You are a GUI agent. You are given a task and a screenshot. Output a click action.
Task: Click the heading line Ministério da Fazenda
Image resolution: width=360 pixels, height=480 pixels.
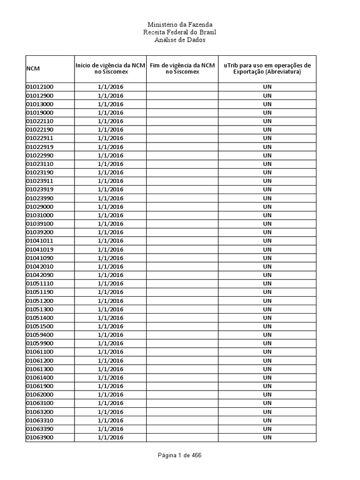180,24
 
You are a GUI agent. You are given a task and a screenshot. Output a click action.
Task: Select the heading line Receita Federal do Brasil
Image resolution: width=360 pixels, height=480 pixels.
180,32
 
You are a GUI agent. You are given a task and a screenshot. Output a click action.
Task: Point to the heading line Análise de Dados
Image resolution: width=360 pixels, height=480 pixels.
180,40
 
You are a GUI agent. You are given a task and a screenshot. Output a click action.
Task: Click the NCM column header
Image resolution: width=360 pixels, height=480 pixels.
33,69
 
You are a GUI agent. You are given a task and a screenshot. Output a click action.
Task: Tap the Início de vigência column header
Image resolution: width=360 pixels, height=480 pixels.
111,68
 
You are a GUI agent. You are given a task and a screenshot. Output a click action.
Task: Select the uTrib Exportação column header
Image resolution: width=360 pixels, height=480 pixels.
267,68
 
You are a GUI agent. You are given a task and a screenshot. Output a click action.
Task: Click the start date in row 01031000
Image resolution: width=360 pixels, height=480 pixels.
111,215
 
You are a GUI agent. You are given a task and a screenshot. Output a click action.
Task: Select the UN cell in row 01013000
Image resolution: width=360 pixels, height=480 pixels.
267,104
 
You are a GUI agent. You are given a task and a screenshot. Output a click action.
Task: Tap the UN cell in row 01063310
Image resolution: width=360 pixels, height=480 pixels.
267,420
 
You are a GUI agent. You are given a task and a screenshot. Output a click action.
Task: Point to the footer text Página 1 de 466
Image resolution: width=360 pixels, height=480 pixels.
180,455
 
